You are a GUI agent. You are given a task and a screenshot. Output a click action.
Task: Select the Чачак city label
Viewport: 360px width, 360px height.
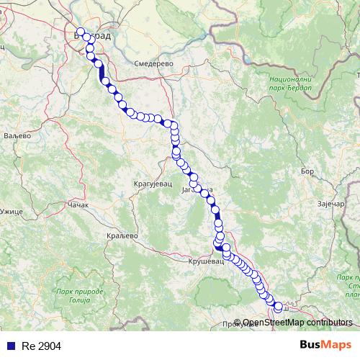(77, 205)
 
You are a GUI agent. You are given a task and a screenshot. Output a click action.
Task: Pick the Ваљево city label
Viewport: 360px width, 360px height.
(15, 135)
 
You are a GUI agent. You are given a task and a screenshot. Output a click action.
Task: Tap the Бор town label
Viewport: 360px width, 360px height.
(307, 171)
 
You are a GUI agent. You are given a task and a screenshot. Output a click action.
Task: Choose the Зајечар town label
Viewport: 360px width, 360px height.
(333, 205)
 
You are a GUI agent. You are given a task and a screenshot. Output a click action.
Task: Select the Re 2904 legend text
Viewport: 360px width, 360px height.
(42, 346)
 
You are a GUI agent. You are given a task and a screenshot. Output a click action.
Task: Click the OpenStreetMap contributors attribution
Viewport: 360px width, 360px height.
(298, 323)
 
